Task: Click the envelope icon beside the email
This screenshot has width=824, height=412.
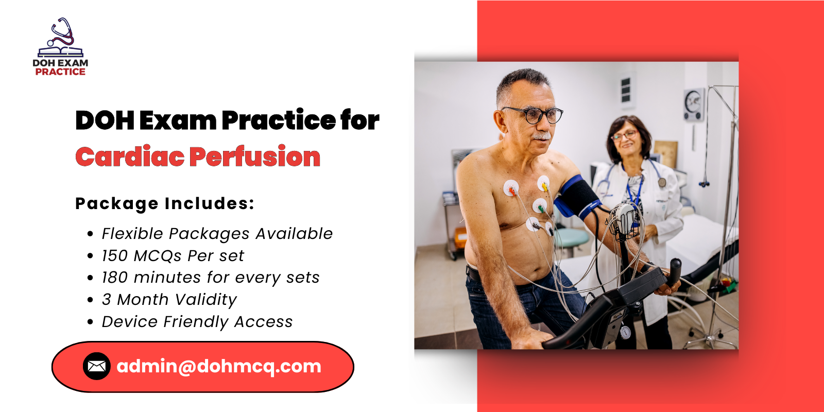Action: tap(96, 366)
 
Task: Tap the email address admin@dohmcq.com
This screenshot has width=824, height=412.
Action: tap(219, 366)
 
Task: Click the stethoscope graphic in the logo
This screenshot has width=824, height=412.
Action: tap(61, 33)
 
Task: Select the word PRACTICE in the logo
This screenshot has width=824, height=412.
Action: tap(60, 72)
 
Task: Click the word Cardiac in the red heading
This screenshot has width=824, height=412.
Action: tap(130, 157)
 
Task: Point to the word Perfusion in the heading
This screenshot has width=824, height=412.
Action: tap(255, 157)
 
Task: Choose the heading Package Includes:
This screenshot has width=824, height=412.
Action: tap(165, 203)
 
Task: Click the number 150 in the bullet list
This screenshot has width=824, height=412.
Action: tap(114, 256)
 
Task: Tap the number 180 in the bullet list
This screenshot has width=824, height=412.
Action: tap(114, 278)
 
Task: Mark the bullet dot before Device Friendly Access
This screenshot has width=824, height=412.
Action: tap(91, 322)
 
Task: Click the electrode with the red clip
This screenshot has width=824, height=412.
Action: tap(511, 190)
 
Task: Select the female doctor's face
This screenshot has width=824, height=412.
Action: tap(625, 137)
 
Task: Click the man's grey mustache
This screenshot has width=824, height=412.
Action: tap(541, 136)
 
